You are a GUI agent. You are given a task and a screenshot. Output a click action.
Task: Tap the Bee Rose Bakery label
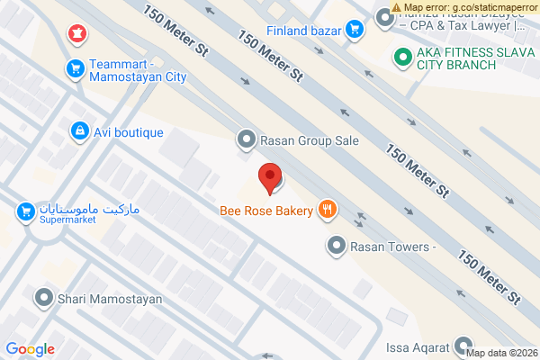(266, 211)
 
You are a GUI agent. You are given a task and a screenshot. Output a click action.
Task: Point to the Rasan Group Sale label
(310, 140)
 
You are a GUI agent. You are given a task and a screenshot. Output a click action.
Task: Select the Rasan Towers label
(392, 245)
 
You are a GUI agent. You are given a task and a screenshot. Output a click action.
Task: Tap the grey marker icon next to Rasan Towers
(337, 245)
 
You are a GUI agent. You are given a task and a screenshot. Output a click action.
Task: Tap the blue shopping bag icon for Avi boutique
(79, 132)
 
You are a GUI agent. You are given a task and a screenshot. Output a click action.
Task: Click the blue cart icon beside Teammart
(76, 67)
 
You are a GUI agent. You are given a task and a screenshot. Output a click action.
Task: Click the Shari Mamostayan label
(110, 298)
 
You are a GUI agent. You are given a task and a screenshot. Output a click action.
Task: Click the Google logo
(30, 349)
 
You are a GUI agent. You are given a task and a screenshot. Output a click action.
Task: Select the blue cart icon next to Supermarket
(25, 212)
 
